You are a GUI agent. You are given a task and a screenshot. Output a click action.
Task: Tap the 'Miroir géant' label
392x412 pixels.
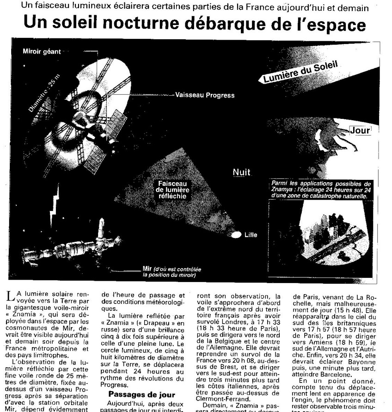tap(42, 52)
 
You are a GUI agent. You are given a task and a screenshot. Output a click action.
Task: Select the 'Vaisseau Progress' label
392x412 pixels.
tap(205, 96)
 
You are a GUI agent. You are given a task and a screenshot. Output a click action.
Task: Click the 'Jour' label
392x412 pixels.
tap(360, 130)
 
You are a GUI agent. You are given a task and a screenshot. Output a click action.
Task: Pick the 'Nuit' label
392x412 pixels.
tap(241, 172)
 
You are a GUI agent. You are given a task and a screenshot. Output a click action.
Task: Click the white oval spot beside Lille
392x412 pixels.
tap(237, 234)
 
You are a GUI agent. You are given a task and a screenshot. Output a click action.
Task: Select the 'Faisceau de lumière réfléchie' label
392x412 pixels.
tap(171, 190)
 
